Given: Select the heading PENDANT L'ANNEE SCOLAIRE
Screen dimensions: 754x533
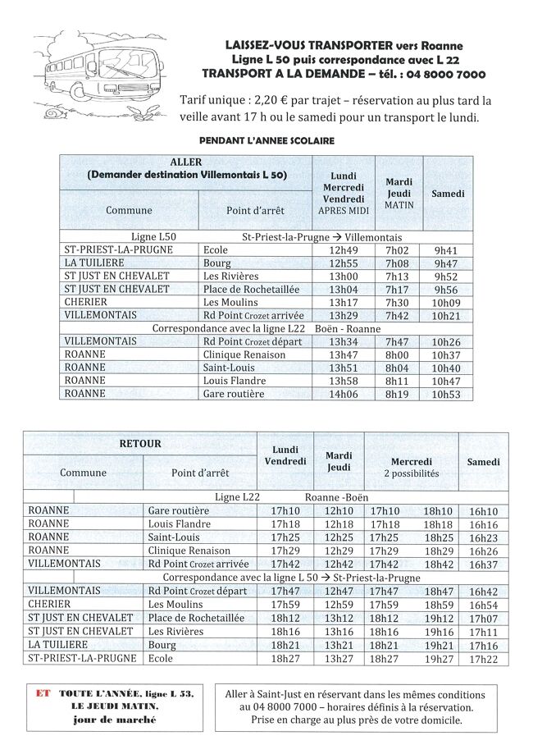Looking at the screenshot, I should click(266, 141).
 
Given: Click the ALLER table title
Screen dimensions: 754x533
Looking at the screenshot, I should click(185, 162).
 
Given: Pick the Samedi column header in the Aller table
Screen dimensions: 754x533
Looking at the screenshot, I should click(448, 194).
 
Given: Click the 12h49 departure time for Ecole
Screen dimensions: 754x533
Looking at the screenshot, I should click(344, 250).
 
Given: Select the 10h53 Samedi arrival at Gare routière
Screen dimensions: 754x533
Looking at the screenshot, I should click(446, 394).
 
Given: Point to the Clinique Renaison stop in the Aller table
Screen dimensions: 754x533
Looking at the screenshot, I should click(244, 354).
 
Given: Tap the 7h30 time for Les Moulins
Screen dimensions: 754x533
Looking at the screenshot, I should click(397, 302).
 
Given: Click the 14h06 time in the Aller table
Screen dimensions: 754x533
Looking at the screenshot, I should click(344, 394).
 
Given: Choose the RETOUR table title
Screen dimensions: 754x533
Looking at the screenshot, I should click(140, 444).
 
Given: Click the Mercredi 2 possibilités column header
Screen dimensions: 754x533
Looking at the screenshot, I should click(411, 468).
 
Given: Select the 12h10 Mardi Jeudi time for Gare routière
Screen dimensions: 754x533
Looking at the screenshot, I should click(339, 511).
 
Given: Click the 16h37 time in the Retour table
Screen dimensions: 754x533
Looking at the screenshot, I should click(483, 564).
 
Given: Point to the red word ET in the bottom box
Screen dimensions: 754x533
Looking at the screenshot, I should click(43, 693).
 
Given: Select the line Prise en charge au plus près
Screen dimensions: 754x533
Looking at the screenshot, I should click(355, 720).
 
